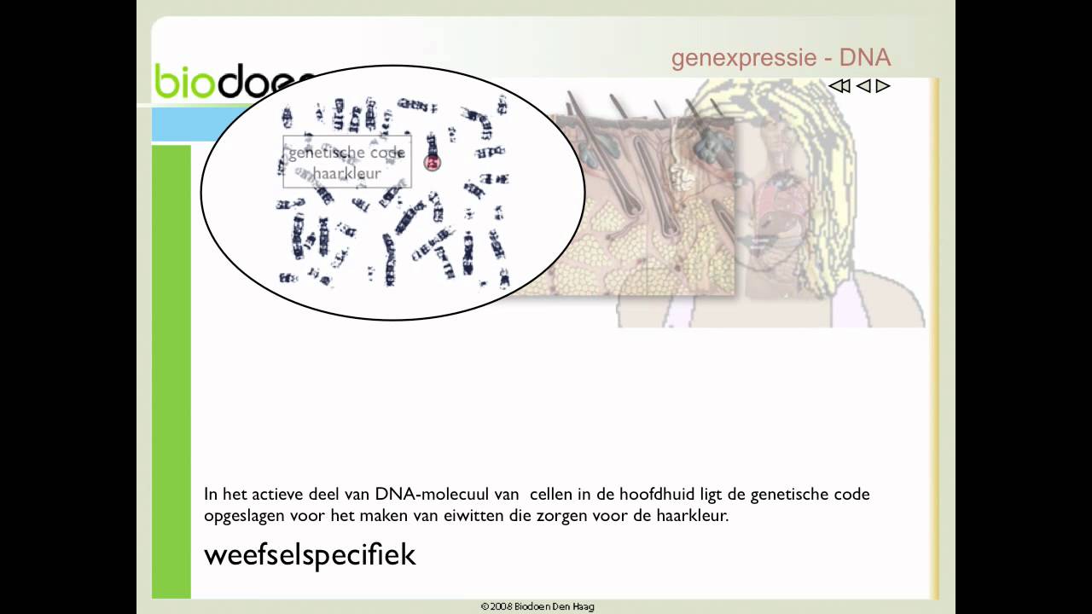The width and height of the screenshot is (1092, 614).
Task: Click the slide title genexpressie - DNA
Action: pos(781,58)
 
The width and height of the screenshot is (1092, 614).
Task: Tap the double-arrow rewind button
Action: pos(839,86)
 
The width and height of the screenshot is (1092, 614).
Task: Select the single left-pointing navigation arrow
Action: pos(863,86)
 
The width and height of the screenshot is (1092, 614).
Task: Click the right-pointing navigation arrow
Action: pos(883,86)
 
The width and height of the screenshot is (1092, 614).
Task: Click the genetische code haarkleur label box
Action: pos(346,162)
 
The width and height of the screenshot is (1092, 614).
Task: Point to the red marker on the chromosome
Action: pos(433,162)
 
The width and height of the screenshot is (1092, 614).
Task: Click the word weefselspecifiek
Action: pos(310,554)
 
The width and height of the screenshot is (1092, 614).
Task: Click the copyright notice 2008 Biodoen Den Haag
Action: pos(537,606)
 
